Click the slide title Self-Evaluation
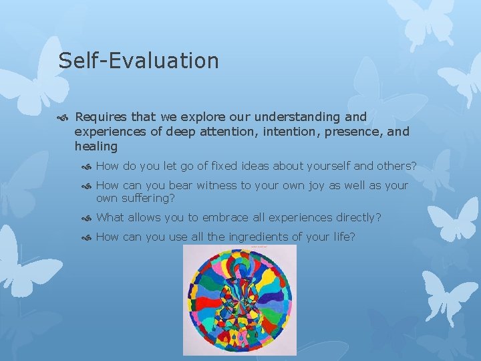click(138, 61)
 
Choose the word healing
click(96, 146)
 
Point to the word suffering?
click(148, 198)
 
